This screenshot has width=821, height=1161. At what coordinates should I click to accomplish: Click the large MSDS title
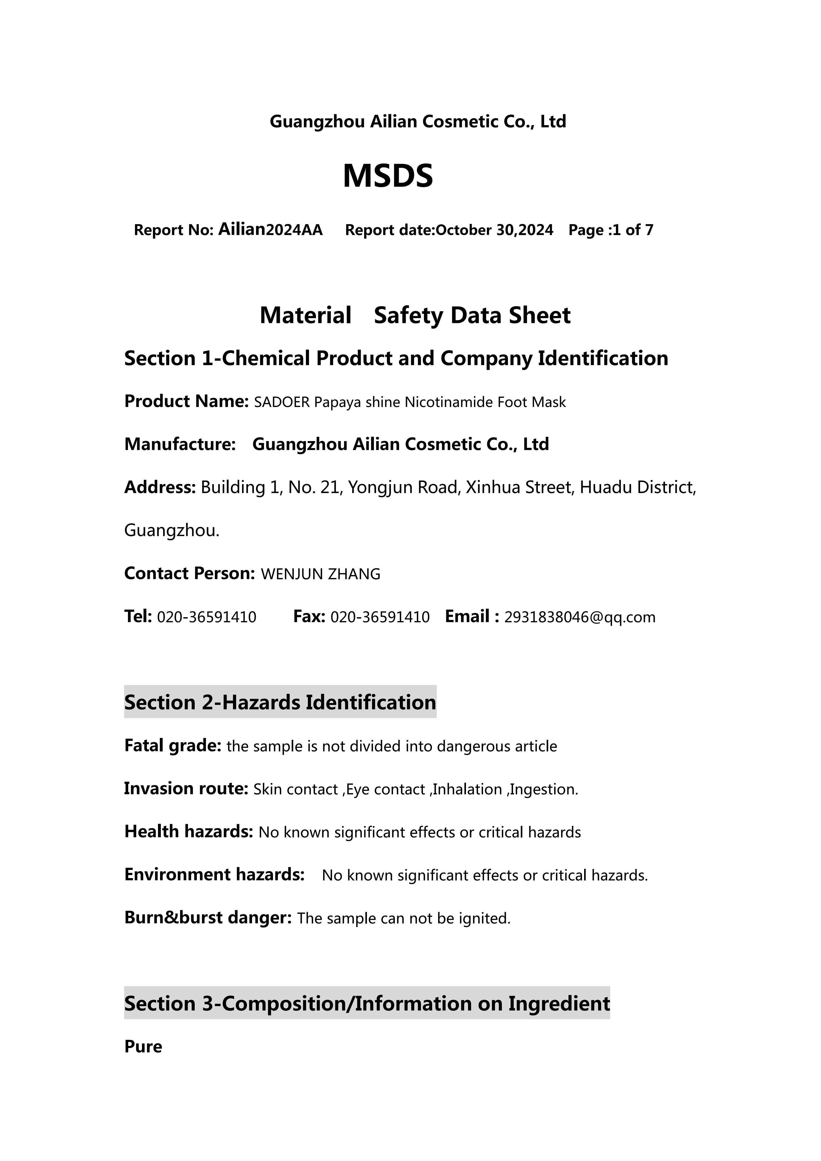point(388,176)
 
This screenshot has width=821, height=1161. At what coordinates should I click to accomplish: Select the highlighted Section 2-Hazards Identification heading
point(280,702)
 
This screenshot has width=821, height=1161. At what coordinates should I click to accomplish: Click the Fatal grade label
point(172,746)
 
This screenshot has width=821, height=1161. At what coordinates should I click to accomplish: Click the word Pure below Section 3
point(143,1047)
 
